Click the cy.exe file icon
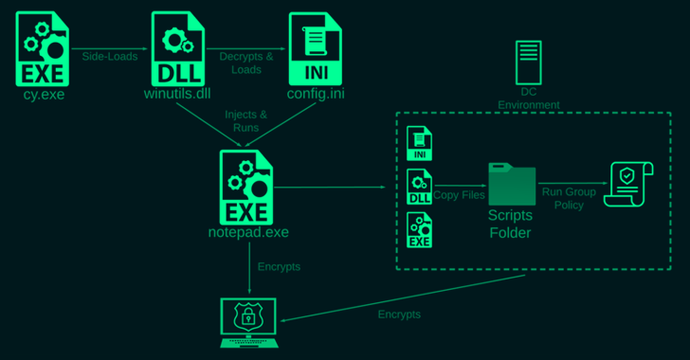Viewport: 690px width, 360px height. coord(43,49)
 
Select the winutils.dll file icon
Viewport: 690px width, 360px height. coord(178,49)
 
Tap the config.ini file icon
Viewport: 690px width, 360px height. coord(315,49)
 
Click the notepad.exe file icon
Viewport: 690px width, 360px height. coord(246,188)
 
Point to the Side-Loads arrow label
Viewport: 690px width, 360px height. coord(110,56)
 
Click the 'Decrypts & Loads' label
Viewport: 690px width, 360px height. coord(246,63)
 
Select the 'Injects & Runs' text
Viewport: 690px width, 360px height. coord(246,121)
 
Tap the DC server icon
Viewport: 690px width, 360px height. coord(529,63)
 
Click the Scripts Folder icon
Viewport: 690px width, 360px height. coord(512,184)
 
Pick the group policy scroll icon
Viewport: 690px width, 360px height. coord(628,184)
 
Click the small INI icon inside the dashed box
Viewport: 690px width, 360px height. coord(419,143)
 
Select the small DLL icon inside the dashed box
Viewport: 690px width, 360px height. coord(419,187)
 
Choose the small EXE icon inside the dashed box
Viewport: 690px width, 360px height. coord(419,229)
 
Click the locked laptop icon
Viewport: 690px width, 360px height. coord(249,323)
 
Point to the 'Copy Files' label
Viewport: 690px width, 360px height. coord(459,195)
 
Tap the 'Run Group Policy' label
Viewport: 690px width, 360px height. coord(569,199)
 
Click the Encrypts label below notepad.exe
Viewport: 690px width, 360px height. coord(279,267)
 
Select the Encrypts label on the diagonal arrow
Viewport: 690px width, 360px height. coord(399,315)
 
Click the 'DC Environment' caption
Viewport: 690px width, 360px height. coord(529,99)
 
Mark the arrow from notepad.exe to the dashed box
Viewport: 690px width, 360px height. coord(330,187)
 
